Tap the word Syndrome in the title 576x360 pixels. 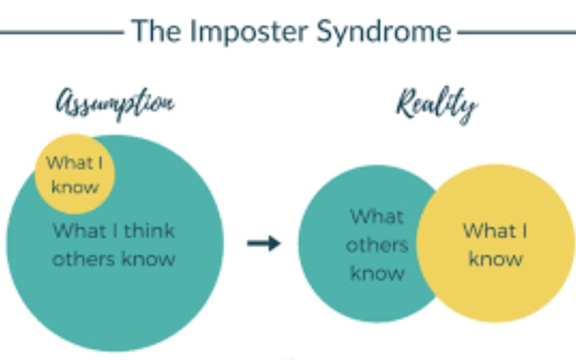click(383, 31)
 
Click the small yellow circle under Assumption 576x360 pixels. click(75, 174)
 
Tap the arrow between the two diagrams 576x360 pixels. click(264, 243)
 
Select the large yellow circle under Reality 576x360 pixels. click(495, 243)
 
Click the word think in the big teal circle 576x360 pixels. click(150, 231)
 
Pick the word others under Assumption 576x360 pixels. click(80, 259)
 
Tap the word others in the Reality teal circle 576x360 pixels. click(377, 245)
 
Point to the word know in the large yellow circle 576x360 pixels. click(496, 259)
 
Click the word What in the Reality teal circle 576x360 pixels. click(377, 217)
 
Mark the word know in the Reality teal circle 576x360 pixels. click(377, 273)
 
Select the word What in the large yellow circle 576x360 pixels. click(486, 231)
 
